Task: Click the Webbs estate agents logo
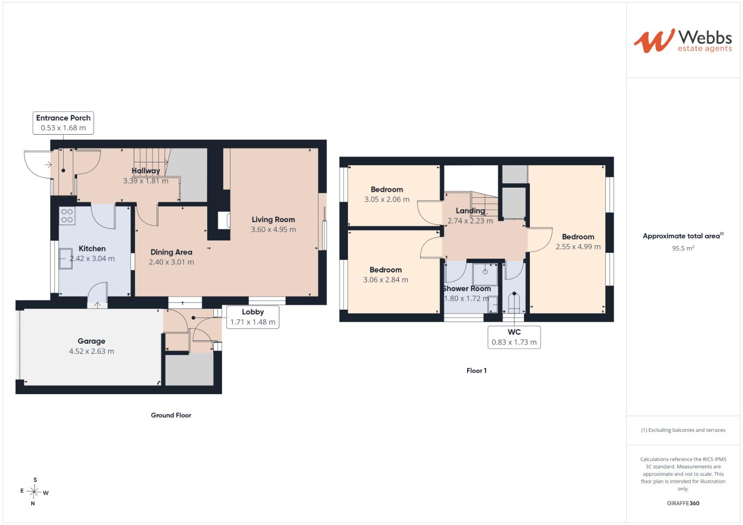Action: click(683, 41)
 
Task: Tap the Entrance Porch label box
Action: click(63, 123)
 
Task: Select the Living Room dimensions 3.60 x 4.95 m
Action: click(273, 229)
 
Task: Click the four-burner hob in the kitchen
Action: click(67, 215)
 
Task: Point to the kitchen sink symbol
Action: click(66, 258)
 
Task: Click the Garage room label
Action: click(91, 341)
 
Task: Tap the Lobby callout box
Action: click(253, 317)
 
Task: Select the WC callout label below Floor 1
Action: click(514, 337)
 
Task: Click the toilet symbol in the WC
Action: click(514, 302)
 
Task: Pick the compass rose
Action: click(34, 491)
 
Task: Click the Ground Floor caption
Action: click(171, 415)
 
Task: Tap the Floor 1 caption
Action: click(477, 370)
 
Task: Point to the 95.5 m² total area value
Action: click(683, 248)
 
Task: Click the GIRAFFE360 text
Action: click(683, 503)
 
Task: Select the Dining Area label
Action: click(171, 252)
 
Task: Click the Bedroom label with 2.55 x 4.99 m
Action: click(578, 237)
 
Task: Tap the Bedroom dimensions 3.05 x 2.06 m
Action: click(387, 199)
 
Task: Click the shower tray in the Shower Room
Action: click(485, 274)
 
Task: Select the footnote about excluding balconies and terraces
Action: click(683, 430)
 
